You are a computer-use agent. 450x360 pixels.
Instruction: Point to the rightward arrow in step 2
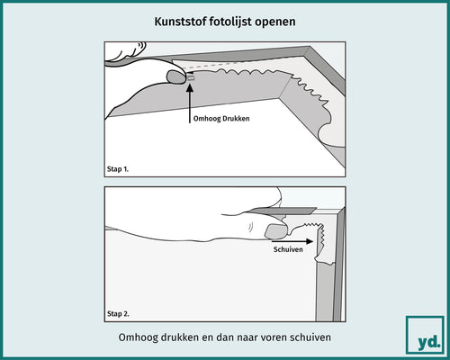pos(307,240)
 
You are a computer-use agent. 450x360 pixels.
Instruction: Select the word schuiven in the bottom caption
pos(305,339)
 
